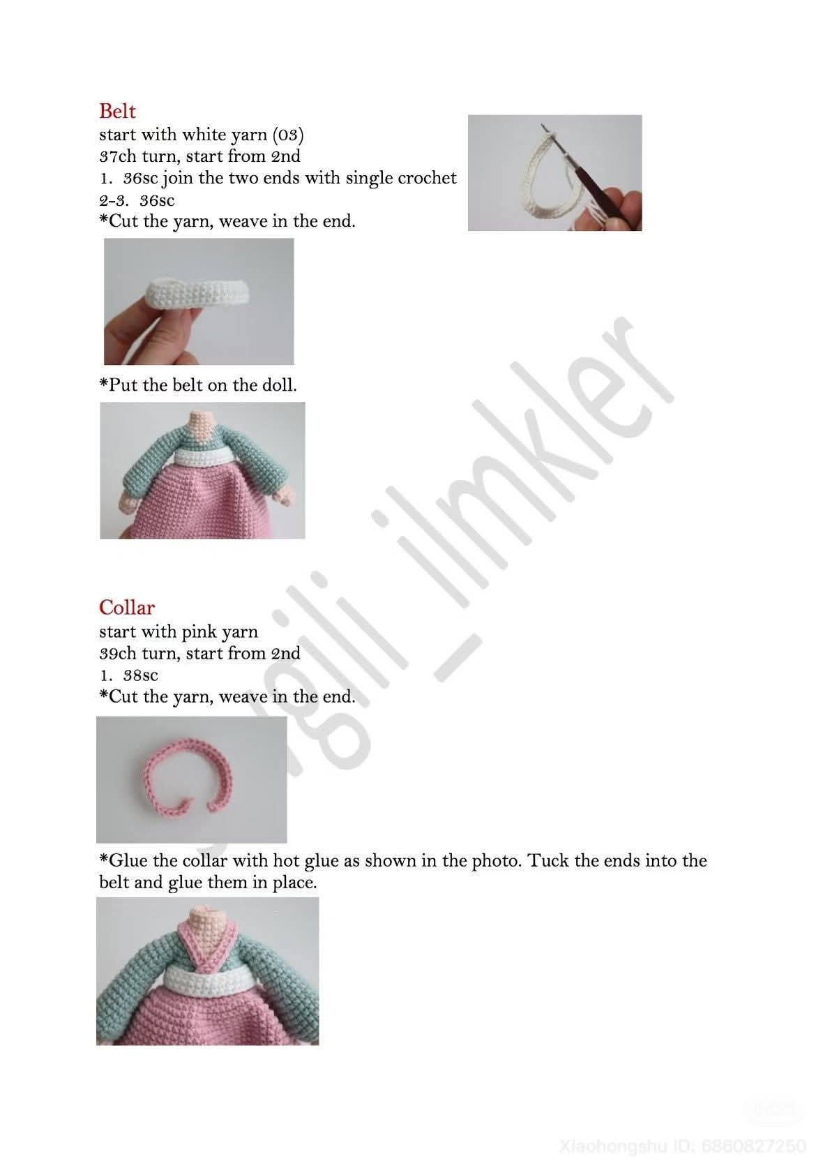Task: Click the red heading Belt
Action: pyautogui.click(x=117, y=111)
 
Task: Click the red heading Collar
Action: pyautogui.click(x=127, y=608)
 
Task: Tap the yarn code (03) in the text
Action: pyautogui.click(x=288, y=135)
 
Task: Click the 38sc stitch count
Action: pyautogui.click(x=140, y=675)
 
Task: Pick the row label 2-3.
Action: pyautogui.click(x=114, y=200)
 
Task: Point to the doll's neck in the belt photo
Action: pyautogui.click(x=202, y=426)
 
